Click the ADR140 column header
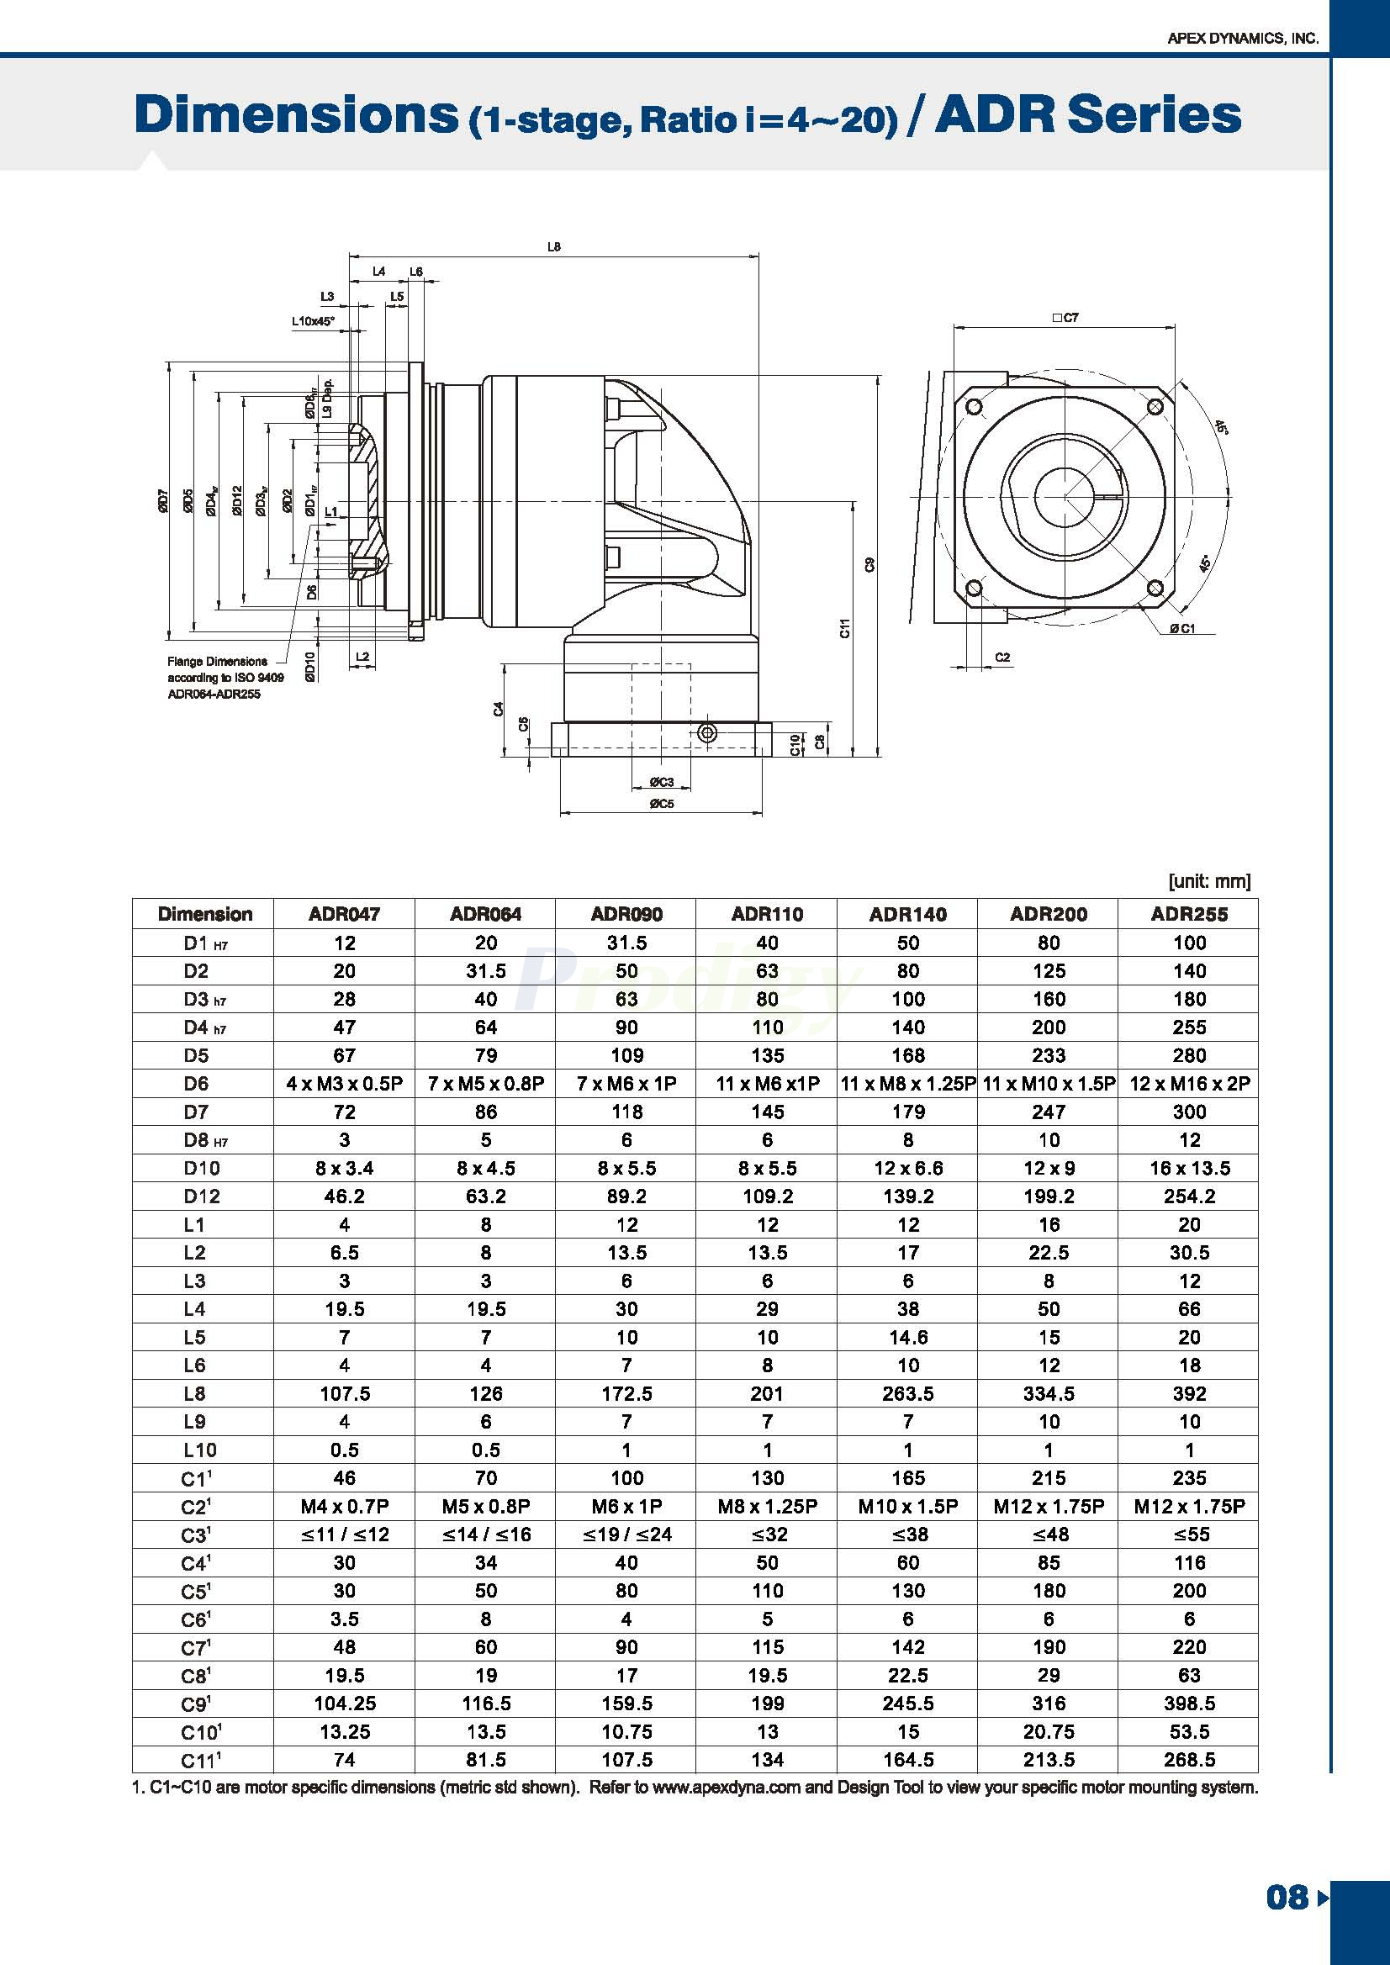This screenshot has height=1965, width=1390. pos(907,914)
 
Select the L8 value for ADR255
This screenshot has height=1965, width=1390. pos(1189,1393)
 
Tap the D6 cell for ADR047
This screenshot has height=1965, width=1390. pos(344,1084)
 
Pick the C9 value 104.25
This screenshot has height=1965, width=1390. pos(344,1704)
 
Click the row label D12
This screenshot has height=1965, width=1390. pos(202,1196)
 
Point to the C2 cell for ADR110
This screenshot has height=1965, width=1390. pos(767,1506)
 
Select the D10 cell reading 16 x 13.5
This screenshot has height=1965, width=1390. pos(1189,1168)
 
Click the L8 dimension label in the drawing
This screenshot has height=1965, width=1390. pos(554,246)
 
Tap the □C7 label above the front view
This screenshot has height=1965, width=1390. pos(1065,318)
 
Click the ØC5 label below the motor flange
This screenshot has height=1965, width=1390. pos(661,804)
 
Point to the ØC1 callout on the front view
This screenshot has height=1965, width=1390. pos(1182,629)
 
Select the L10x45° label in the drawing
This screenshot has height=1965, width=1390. pos(313,322)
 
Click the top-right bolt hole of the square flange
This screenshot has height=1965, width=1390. pos(1155,405)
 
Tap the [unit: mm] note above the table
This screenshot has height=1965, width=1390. pos(1208,881)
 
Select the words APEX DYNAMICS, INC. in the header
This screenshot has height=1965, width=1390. pos(1243,39)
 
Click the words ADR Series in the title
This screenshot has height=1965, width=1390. pos(1087,115)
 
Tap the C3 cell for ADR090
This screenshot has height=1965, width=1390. pos(626,1534)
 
